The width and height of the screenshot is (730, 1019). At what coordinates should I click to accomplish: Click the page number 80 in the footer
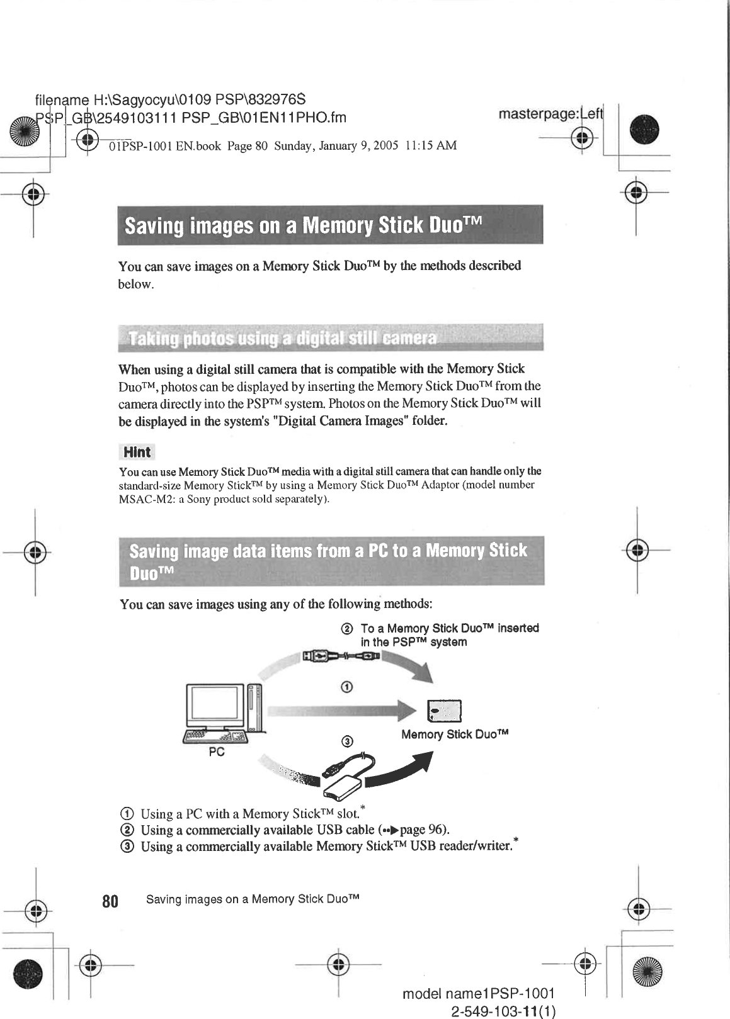(110, 901)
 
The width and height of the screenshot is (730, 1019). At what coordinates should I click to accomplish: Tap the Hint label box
(136, 452)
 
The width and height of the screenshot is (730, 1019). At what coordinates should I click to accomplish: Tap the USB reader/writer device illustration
(343, 780)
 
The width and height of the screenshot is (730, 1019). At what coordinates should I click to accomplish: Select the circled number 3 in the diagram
(346, 741)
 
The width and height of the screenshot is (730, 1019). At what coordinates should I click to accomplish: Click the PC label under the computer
(217, 752)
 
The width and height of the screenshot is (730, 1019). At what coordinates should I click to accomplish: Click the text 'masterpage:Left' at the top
(550, 115)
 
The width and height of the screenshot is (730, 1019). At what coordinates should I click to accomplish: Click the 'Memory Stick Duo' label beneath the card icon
(455, 735)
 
